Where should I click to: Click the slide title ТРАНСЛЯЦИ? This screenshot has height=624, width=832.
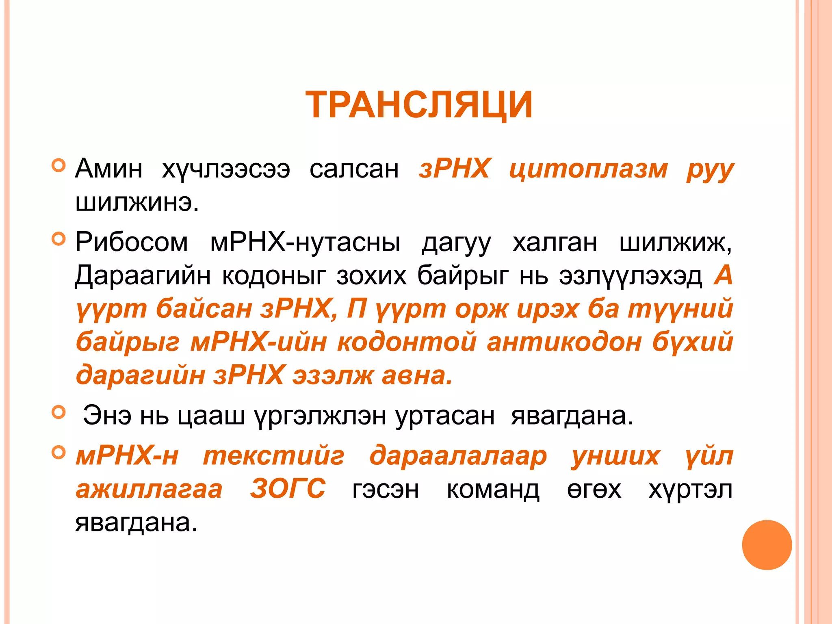point(419,105)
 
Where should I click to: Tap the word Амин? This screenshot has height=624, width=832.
point(109,169)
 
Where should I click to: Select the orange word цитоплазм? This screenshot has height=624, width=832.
point(588,169)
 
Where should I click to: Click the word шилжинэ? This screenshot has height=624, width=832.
point(137,202)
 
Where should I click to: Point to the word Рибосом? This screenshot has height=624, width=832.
point(132,243)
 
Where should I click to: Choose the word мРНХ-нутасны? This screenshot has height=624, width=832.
point(305,243)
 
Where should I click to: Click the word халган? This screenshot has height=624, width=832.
point(555,243)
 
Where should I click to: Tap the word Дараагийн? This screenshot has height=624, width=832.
point(143,276)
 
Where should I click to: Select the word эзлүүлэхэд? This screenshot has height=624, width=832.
point(630,276)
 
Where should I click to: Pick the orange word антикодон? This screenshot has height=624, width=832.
point(564,342)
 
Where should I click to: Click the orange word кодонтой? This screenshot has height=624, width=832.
point(407,342)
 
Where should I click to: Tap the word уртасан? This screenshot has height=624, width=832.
point(445,416)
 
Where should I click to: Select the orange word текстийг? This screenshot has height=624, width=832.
point(274,456)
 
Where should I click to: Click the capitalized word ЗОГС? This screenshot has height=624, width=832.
point(288,489)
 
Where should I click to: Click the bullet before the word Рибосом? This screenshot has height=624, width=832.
point(59,239)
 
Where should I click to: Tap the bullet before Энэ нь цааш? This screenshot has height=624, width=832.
point(59,412)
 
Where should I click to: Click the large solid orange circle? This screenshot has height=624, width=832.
point(767,545)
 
